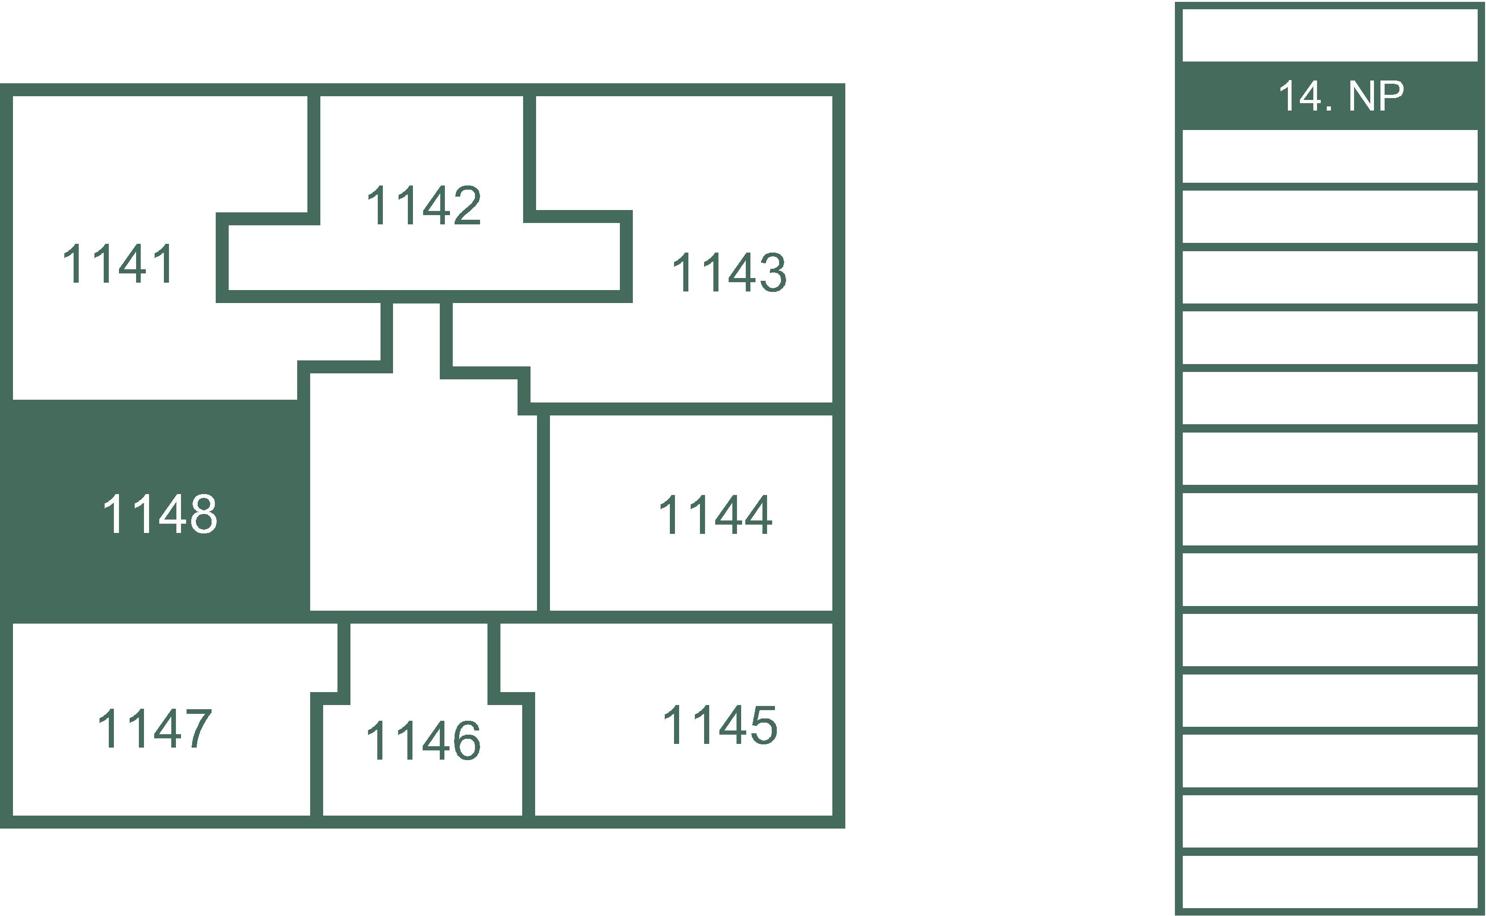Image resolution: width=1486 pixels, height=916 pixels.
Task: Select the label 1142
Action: pos(424,205)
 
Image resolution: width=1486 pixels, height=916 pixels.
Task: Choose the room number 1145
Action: pos(720,725)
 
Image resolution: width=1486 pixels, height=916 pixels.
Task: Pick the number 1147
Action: pos(155,729)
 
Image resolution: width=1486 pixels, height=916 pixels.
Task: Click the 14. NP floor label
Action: pos(1341,96)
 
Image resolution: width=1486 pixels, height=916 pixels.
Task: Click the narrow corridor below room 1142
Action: pos(416,337)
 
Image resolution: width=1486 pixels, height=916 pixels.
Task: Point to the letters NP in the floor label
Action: pos(1376,96)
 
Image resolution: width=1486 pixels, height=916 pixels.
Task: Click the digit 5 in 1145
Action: pos(764,725)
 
